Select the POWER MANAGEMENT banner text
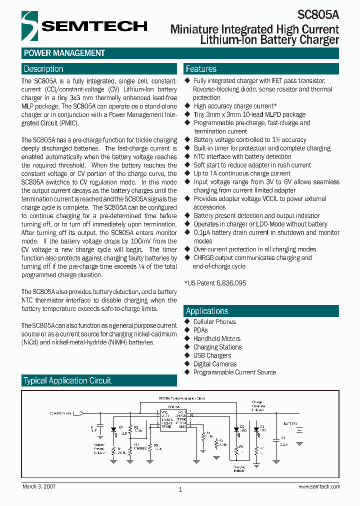[64, 53]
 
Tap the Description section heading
[43, 69]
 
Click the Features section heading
[201, 69]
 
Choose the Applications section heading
[207, 311]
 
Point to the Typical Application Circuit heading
[67, 381]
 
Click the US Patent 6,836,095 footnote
[215, 283]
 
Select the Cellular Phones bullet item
[214, 321]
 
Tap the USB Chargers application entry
[212, 355]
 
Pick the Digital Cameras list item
[215, 364]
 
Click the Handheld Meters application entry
[216, 338]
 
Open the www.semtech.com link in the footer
[319, 486]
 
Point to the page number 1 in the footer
[180, 489]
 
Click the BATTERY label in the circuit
[290, 423]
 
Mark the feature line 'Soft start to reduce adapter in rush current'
[252, 165]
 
